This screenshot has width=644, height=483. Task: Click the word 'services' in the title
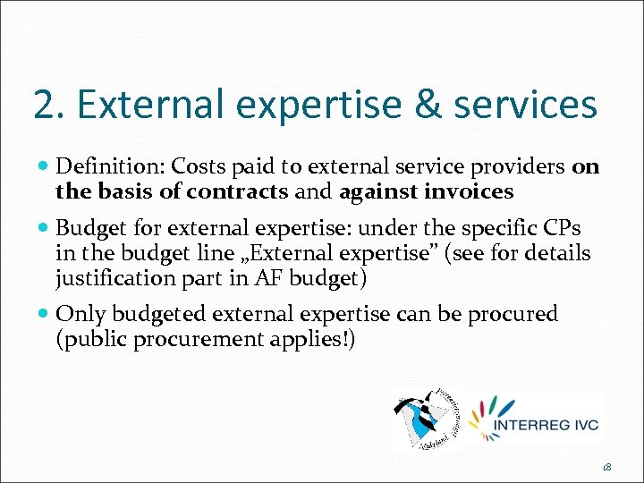pyautogui.click(x=525, y=105)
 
